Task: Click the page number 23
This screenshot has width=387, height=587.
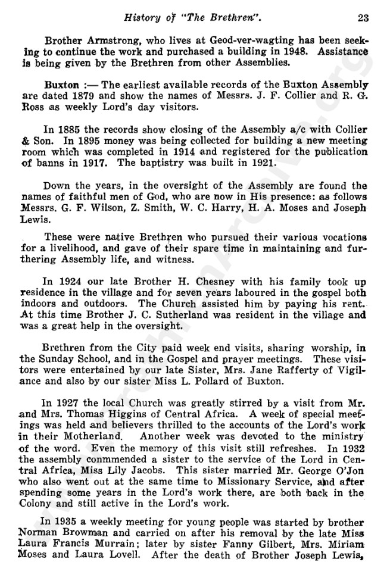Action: [x=363, y=18]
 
